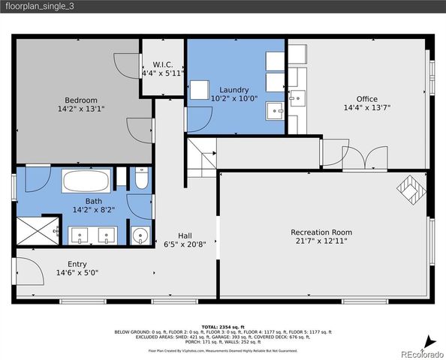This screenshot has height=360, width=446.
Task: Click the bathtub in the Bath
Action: [x=86, y=182]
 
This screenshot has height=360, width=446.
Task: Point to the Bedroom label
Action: [x=80, y=100]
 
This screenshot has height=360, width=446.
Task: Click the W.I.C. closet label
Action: [x=163, y=64]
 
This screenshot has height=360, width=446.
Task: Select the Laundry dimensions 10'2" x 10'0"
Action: [x=234, y=99]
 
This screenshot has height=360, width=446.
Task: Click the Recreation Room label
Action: [x=321, y=232]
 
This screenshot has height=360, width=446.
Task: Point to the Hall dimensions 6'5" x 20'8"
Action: [x=185, y=244]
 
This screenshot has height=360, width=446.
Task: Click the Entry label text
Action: [x=77, y=264]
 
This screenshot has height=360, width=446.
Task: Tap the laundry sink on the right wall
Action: [x=276, y=112]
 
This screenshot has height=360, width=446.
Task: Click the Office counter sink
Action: [x=297, y=96]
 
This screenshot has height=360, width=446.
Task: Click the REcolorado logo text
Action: [x=420, y=353]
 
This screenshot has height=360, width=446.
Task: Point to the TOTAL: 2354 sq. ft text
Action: [x=223, y=326]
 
